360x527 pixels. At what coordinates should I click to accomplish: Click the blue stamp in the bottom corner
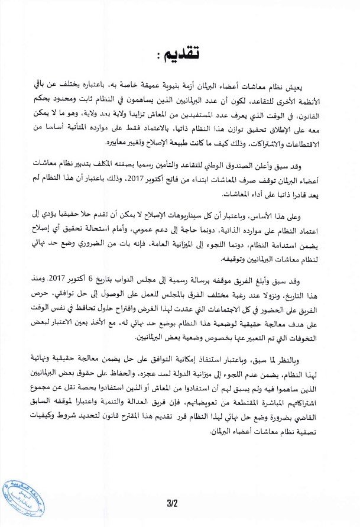tap(22, 503)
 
